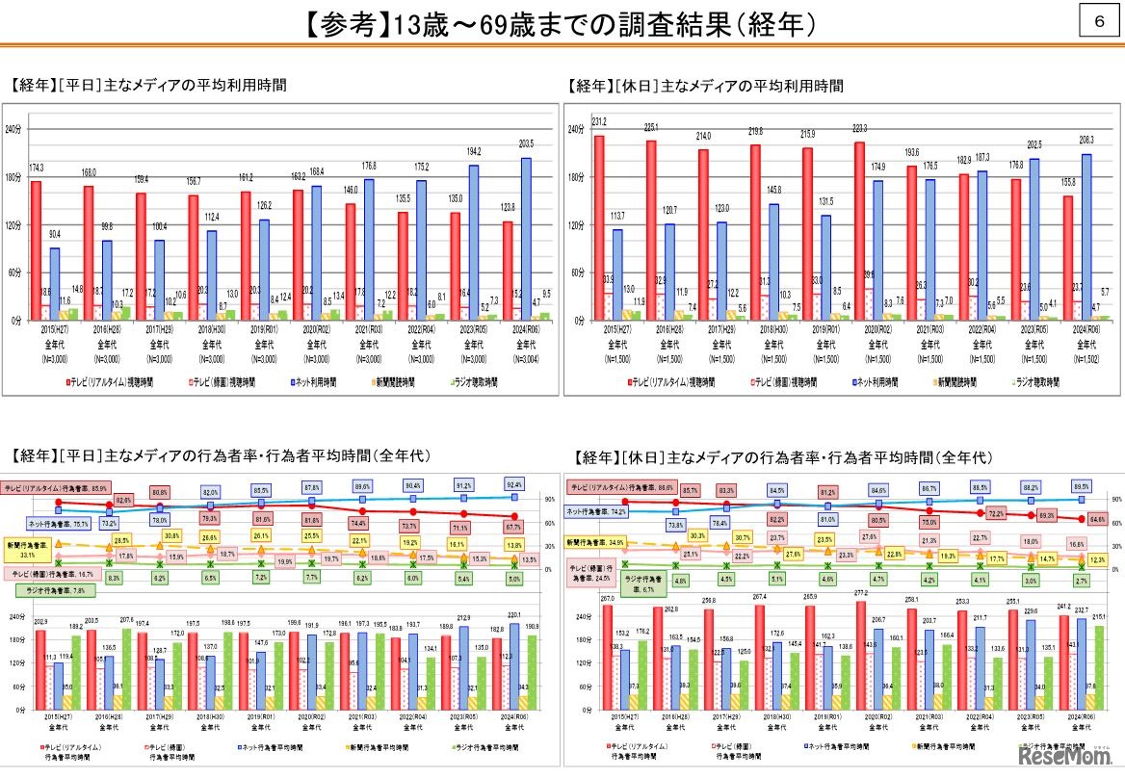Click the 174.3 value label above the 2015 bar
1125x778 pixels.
coord(36,168)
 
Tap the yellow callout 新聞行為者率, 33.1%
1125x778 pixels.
coord(26,549)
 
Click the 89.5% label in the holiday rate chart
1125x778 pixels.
coord(1081,485)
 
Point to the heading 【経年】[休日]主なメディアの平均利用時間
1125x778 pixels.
coord(705,86)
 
